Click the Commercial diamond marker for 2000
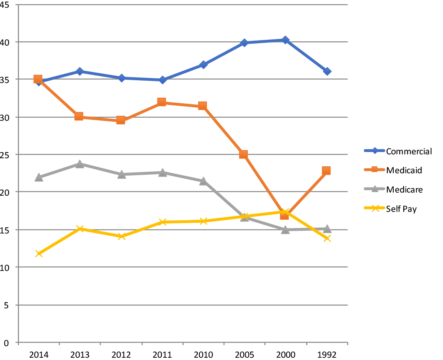(x=285, y=40)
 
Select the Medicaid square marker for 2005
(x=243, y=155)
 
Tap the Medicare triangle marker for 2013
(x=80, y=164)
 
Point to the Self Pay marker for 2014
(x=39, y=254)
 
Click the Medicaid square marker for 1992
(x=326, y=171)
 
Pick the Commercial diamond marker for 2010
(x=203, y=64)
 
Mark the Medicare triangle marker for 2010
(x=203, y=181)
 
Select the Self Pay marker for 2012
(x=121, y=236)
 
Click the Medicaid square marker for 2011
(x=162, y=102)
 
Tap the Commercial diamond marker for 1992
(x=327, y=71)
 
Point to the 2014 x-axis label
(x=39, y=355)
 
